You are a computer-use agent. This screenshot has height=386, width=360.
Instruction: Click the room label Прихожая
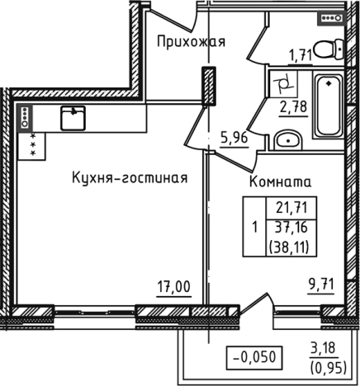tap(192, 40)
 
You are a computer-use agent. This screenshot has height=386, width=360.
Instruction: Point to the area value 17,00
tap(173, 287)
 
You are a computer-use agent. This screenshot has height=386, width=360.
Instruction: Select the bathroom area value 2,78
tap(293, 106)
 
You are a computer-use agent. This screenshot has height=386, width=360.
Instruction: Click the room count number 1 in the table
tap(255, 227)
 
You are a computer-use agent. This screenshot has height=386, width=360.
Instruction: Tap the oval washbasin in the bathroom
tap(288, 139)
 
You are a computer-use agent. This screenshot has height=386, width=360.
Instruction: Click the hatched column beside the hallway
tap(209, 85)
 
